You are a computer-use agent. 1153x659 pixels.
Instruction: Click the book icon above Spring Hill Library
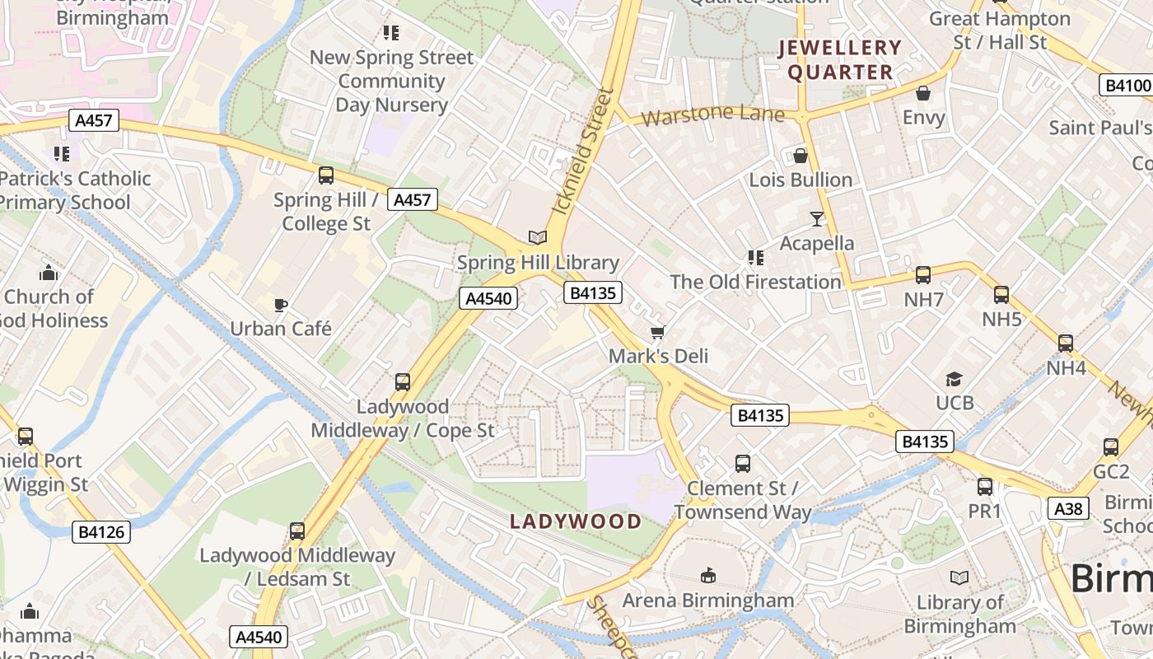click(538, 237)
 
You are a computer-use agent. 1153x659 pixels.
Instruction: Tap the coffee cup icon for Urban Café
click(281, 305)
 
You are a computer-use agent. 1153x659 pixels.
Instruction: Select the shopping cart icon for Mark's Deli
click(657, 332)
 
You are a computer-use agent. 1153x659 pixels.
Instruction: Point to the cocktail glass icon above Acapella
click(816, 218)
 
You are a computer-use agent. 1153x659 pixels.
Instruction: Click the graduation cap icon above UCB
click(954, 379)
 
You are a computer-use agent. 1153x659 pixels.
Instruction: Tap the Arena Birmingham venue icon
click(707, 575)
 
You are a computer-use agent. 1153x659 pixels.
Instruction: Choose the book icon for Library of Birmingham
click(959, 577)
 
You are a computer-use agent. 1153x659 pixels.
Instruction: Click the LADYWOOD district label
click(576, 521)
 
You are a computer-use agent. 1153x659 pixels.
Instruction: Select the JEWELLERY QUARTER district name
click(840, 60)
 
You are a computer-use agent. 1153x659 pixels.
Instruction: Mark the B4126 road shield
click(101, 532)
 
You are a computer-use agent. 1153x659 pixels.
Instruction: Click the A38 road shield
click(1068, 508)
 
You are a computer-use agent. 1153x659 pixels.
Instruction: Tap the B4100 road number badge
click(1127, 85)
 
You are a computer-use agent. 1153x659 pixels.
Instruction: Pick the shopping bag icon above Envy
click(923, 93)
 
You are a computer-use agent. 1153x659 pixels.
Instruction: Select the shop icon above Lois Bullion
click(800, 156)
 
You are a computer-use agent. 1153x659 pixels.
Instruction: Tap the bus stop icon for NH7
click(923, 275)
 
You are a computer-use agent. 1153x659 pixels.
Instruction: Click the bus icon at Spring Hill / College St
click(326, 175)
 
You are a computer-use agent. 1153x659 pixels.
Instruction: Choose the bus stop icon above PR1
click(984, 487)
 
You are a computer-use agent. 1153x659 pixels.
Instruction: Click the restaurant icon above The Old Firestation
click(755, 258)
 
